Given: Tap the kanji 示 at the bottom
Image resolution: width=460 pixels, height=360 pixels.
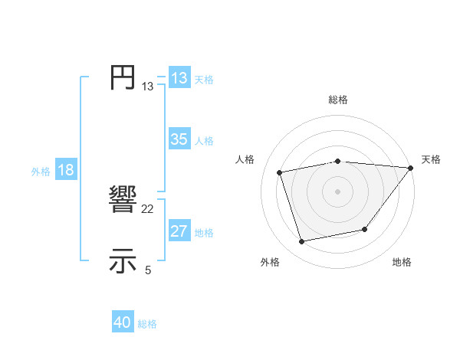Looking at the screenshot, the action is (123, 260).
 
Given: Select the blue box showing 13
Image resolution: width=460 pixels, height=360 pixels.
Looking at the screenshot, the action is (179, 78).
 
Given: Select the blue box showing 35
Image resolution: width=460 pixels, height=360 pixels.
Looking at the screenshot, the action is (179, 139).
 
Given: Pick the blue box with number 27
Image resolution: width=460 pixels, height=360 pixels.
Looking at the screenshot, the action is (179, 231).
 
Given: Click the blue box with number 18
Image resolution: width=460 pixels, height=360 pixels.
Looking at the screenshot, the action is (66, 170).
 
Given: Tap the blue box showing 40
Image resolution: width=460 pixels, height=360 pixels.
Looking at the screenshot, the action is (123, 322).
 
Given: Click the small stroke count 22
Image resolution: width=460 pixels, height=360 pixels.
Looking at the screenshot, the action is (148, 209).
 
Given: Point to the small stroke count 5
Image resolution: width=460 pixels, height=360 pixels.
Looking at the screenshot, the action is (148, 270).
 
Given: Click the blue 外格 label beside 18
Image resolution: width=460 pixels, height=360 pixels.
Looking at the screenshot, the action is (41, 172).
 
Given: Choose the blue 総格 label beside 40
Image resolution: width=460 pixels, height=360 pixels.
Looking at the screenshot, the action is (147, 324).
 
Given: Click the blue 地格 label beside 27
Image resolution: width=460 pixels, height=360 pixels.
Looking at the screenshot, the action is (204, 233).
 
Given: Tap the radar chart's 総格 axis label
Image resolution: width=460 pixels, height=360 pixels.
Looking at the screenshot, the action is (337, 100).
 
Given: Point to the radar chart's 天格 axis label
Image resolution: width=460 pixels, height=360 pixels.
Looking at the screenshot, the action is (431, 159).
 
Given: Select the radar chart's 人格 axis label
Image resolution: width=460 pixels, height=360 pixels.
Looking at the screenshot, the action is (245, 159).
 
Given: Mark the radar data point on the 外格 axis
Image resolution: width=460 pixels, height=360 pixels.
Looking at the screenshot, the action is (302, 242).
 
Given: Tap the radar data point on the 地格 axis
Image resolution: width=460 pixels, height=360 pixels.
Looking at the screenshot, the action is (365, 229).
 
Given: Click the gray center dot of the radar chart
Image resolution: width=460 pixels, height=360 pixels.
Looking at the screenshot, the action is (337, 191).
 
